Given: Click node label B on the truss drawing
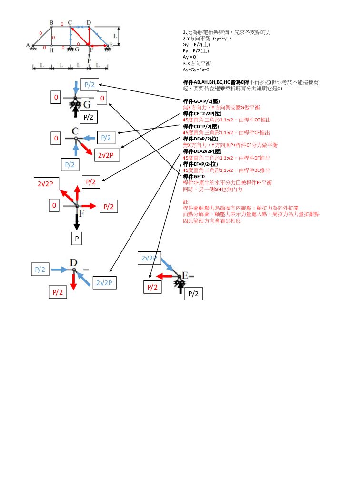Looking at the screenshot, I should tap(51, 22).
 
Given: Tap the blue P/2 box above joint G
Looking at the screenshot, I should tap(90, 85).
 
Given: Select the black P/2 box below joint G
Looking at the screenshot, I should tap(89, 117).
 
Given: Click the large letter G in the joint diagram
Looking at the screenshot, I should tap(87, 104).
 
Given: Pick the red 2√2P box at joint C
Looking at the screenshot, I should tap(109, 155).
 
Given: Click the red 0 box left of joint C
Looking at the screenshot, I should tap(56, 139).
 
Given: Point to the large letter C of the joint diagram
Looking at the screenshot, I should tap(75, 131).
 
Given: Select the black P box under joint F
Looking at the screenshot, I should tap(77, 238).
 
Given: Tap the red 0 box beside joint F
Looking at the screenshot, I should tap(54, 206).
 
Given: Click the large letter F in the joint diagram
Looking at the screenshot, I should tap(82, 213).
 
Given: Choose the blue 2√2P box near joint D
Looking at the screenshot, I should tap(104, 282).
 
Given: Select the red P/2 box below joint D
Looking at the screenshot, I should tap(58, 292).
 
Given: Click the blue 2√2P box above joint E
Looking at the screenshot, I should tap(149, 258).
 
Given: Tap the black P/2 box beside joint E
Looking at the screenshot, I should tap(193, 293).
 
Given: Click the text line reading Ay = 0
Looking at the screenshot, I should tap(190, 57).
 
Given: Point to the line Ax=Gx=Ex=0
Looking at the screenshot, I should tap(196, 70).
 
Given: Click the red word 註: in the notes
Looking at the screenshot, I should tap(186, 201).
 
